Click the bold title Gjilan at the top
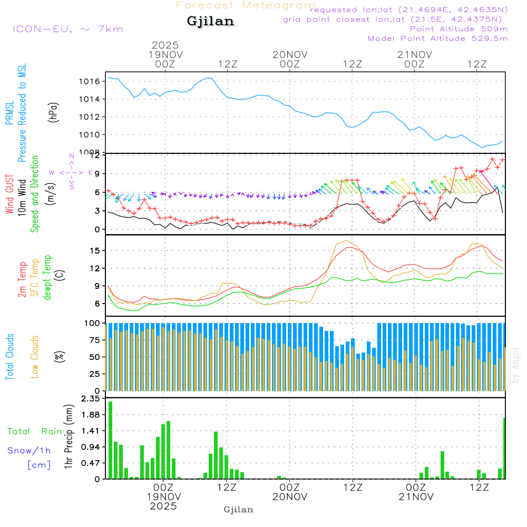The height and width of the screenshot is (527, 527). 210,22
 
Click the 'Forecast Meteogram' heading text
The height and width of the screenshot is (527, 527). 246,5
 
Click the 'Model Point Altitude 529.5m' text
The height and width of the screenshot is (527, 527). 437,38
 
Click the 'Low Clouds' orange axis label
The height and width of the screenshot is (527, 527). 35,357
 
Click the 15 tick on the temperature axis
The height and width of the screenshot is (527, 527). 95,250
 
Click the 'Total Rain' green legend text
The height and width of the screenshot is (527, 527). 34,431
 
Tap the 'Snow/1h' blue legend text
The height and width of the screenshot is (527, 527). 29,451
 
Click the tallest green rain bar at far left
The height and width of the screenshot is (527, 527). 111,440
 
